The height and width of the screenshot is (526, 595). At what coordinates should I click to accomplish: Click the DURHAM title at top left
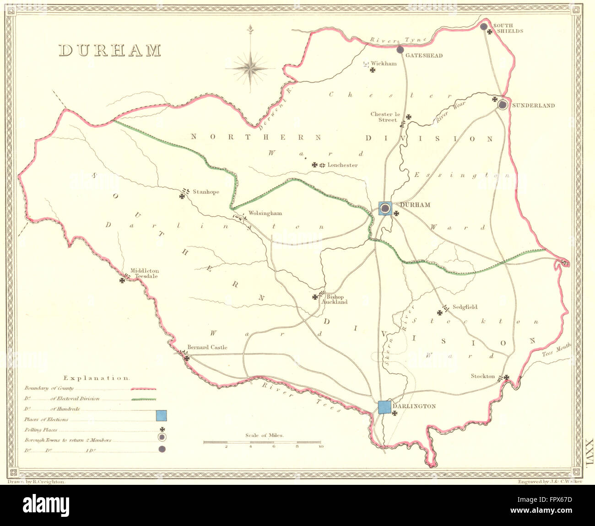tap(110, 50)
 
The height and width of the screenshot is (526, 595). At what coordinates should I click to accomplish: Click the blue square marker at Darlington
tap(385, 407)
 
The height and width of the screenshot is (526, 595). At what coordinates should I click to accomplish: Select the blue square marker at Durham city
tap(385, 209)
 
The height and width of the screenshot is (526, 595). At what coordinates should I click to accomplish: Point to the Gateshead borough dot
tap(400, 49)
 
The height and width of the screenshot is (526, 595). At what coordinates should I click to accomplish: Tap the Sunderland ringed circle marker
tap(503, 105)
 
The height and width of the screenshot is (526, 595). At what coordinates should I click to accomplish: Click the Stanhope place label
tap(206, 192)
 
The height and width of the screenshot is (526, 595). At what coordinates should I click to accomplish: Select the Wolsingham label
tap(265, 213)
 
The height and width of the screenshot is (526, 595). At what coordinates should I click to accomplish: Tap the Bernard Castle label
tap(207, 347)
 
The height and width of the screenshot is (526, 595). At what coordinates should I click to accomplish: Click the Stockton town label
tap(483, 376)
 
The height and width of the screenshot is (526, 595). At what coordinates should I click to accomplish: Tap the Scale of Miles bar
tap(263, 442)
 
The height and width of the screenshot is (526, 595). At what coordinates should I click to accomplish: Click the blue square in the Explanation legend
tap(161, 416)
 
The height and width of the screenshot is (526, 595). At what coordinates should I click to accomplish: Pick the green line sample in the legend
tap(143, 399)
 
